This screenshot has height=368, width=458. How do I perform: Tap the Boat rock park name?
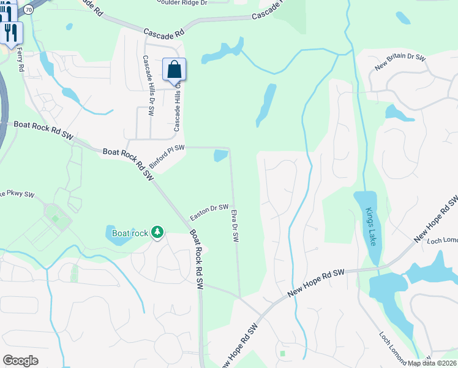(x=130, y=233)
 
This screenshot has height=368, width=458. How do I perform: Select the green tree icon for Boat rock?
(x=158, y=232)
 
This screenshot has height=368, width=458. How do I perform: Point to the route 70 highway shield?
(x=29, y=9)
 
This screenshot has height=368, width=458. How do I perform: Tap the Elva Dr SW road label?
(x=235, y=226)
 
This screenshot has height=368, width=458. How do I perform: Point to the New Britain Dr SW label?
(x=400, y=58)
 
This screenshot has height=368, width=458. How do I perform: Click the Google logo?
(x=20, y=361)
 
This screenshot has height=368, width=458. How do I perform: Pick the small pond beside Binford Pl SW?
(x=220, y=156)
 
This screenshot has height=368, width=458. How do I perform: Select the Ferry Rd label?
(x=20, y=59)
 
